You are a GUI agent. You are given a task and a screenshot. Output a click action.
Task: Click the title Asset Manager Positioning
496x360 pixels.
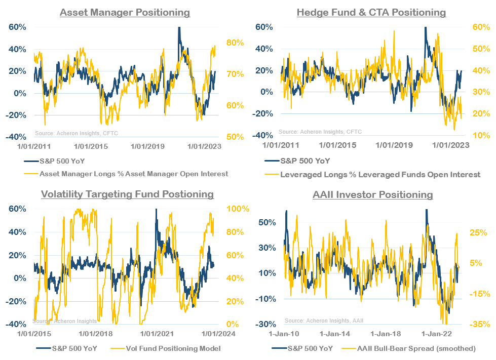pyautogui.click(x=125, y=12)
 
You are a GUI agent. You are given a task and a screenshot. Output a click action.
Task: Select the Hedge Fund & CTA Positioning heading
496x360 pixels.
pyautogui.click(x=371, y=12)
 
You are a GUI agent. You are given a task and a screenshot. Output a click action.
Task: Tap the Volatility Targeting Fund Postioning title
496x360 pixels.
pyautogui.click(x=127, y=194)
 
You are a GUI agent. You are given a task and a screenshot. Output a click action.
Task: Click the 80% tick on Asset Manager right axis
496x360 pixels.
pyautogui.click(x=235, y=43)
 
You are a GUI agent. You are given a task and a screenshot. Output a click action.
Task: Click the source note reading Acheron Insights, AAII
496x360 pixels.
pyautogui.click(x=324, y=321)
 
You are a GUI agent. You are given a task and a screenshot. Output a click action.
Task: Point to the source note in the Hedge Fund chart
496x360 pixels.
pyautogui.click(x=320, y=132)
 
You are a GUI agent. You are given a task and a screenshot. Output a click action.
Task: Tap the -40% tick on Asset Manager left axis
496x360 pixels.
pyautogui.click(x=17, y=137)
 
